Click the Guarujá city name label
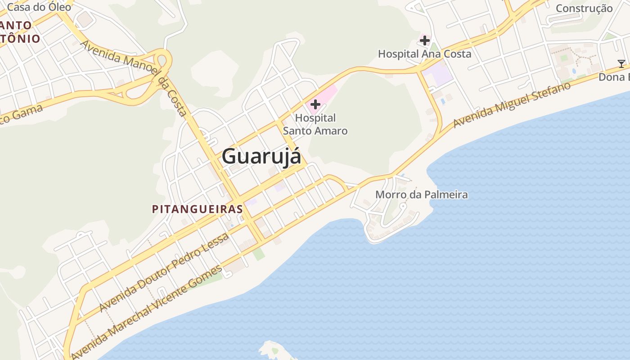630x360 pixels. [x=261, y=157]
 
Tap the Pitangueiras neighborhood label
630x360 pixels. [x=198, y=209]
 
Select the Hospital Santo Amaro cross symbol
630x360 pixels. [x=315, y=105]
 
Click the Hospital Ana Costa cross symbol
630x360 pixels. [x=424, y=41]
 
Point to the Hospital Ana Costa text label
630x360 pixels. [x=424, y=54]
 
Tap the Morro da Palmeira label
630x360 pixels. [x=421, y=195]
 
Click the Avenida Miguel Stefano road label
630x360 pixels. [x=512, y=104]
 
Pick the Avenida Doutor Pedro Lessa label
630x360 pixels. [x=164, y=273]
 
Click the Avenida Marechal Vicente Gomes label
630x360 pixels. [x=147, y=310]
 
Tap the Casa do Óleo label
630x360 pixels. [x=39, y=7]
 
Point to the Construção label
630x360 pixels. [x=584, y=8]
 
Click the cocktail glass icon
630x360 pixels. [x=621, y=64]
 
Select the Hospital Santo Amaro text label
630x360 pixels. [x=315, y=124]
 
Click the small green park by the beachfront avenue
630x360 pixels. [x=258, y=253]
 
